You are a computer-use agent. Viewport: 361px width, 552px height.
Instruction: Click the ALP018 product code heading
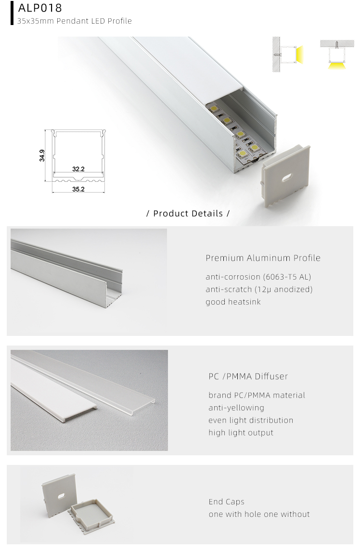(40, 8)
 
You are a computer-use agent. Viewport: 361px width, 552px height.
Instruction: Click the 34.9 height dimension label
(42, 155)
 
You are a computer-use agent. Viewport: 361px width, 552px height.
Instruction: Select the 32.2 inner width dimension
(78, 169)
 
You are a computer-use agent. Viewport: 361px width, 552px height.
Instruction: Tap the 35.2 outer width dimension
(78, 189)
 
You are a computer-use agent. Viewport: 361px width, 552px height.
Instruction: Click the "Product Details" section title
(188, 213)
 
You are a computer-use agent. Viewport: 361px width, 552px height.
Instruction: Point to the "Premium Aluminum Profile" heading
(263, 258)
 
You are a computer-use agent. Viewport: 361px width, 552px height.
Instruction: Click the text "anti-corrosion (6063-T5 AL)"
(258, 277)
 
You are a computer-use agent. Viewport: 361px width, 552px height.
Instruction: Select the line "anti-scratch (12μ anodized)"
(259, 289)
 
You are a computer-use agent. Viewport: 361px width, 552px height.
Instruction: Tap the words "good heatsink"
(233, 302)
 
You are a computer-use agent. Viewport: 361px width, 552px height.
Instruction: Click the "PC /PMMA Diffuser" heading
(248, 376)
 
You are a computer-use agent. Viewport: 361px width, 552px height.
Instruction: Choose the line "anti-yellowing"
(236, 408)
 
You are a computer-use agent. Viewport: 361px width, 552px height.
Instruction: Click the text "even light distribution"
(250, 420)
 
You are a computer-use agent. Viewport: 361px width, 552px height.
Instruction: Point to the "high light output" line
(241, 433)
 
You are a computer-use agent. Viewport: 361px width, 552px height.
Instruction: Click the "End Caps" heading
(226, 502)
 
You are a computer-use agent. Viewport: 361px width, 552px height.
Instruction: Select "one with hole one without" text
(259, 514)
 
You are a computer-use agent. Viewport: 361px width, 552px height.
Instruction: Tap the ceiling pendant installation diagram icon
(336, 54)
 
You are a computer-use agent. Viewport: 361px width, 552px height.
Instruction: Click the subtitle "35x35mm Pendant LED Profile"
(74, 21)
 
